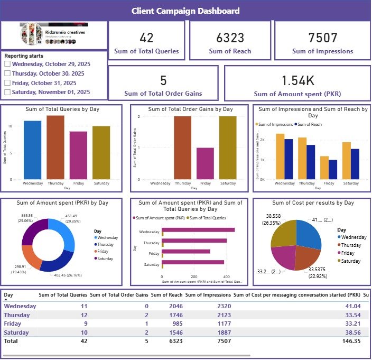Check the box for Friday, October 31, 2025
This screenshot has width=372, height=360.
click(7, 83)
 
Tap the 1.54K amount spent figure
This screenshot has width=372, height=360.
click(297, 80)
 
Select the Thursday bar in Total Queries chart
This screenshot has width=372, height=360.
click(55, 147)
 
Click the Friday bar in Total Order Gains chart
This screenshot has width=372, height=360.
click(206, 163)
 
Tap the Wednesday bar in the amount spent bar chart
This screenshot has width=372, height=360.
click(198, 230)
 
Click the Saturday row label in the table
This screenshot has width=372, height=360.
click(17, 333)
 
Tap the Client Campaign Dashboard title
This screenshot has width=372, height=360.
click(185, 11)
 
